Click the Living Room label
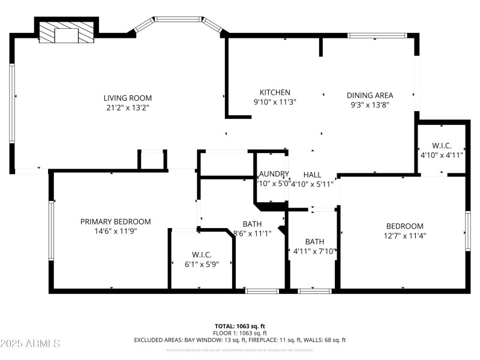click(127, 98)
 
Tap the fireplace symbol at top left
click(67, 32)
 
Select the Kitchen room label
click(275, 92)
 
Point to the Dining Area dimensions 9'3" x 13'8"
click(371, 104)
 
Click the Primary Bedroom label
click(115, 221)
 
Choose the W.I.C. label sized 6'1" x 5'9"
click(201, 263)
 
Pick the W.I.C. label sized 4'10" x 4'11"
click(441, 155)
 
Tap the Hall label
click(312, 174)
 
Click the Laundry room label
click(274, 174)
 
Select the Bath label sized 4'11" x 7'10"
click(314, 242)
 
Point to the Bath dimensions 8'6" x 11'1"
click(252, 233)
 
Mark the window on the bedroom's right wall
click(467, 230)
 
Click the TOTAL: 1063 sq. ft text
click(239, 326)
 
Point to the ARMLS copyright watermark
click(30, 344)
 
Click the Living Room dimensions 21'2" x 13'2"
click(127, 107)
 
